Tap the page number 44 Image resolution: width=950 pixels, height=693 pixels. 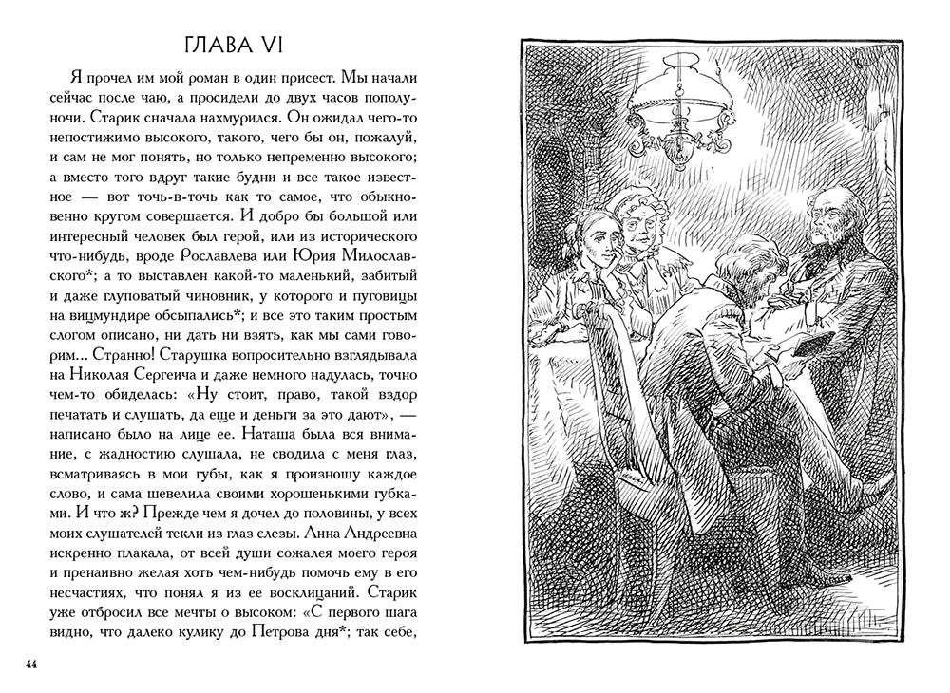31,663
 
